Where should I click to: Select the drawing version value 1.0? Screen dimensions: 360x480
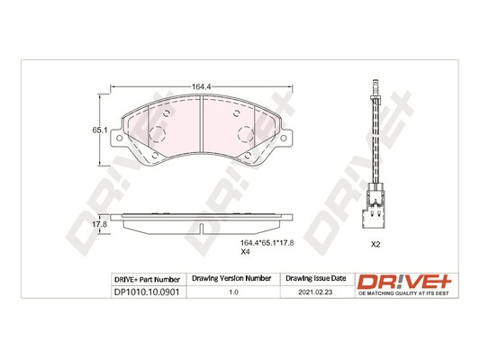(x=233, y=292)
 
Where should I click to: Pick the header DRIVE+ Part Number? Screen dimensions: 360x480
(x=147, y=278)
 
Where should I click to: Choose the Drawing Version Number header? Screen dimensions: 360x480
(x=233, y=278)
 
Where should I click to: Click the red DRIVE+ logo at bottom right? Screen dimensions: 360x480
(x=404, y=278)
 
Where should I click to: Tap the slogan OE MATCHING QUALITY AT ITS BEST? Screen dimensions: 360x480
(x=404, y=292)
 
